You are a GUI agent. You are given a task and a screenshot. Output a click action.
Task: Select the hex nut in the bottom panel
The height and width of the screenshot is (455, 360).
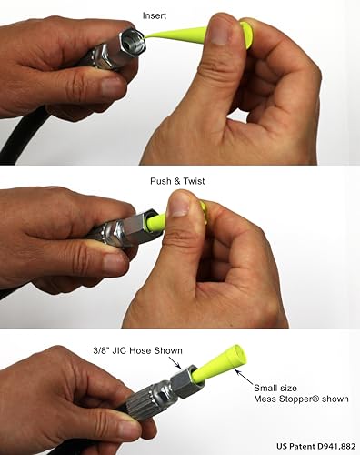tap(182, 380)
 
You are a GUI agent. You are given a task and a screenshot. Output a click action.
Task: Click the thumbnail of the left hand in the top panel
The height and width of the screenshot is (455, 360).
tap(113, 87)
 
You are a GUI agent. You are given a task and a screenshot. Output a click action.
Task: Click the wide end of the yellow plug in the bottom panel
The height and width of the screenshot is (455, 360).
tap(238, 350)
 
